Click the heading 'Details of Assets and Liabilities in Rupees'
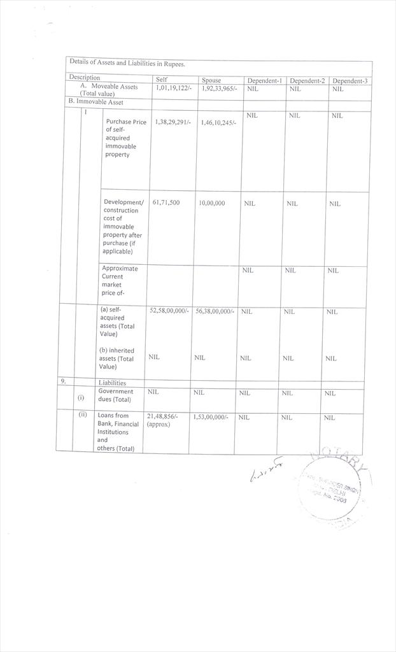tap(127, 64)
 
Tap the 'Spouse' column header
tap(211, 80)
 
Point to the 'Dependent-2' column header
tap(307, 81)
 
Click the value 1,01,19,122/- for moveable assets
tap(173, 89)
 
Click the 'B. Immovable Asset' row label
tap(96, 102)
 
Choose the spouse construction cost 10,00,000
tap(211, 203)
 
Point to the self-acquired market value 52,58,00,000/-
tap(169, 311)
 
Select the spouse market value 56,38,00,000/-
tap(215, 311)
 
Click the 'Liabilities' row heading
tap(112, 383)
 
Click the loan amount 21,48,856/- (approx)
tap(162, 420)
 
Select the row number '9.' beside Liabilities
tap(64, 381)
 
